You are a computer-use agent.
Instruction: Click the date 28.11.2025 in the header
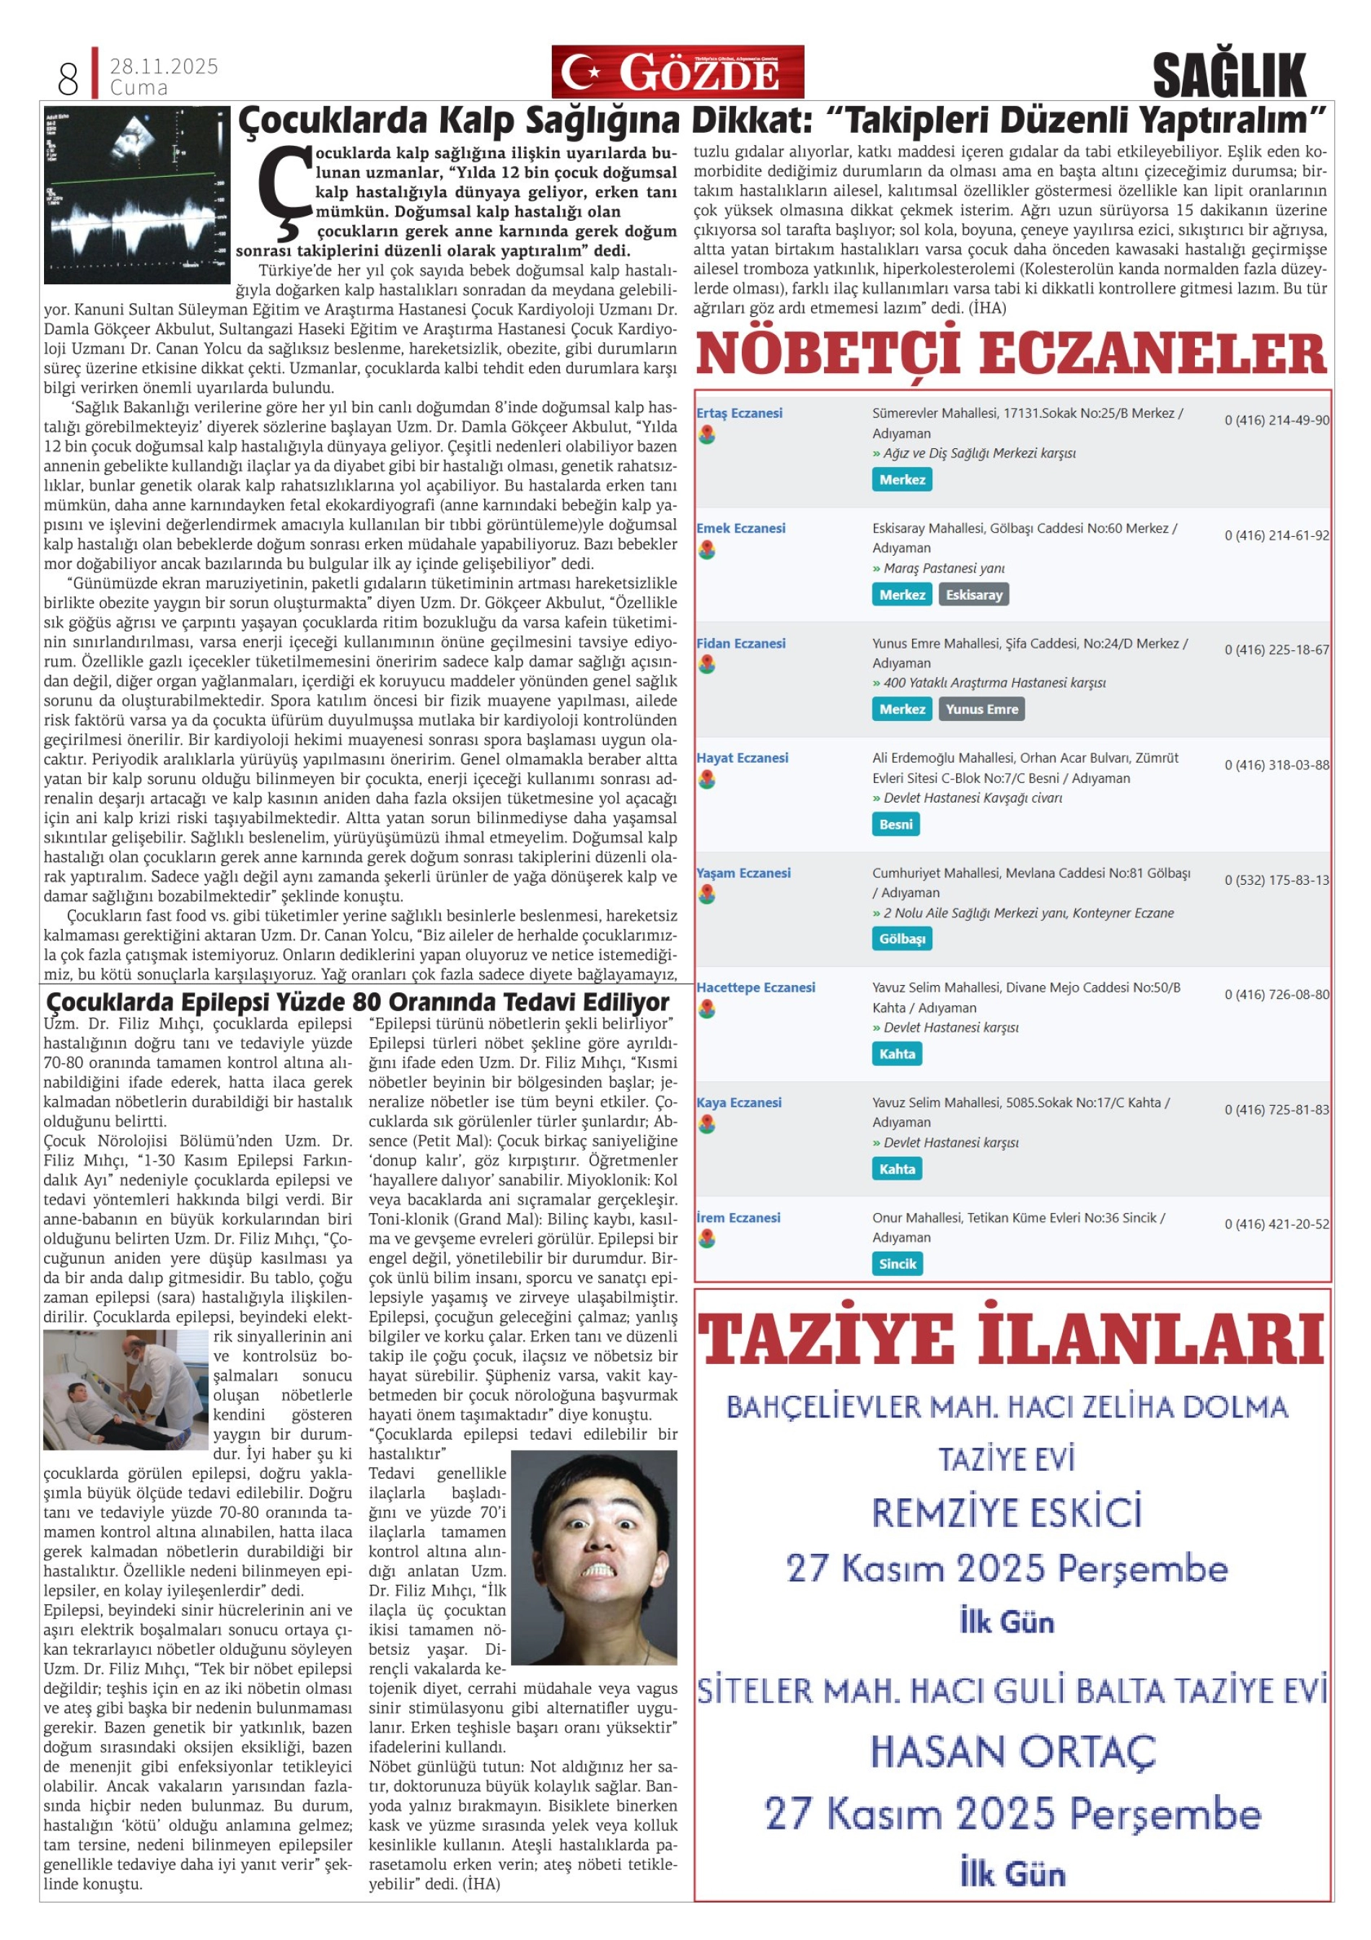tap(164, 66)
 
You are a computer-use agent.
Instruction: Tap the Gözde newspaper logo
tap(678, 73)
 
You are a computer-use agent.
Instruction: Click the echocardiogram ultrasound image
tap(137, 195)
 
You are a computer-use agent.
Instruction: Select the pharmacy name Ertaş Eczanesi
tap(739, 413)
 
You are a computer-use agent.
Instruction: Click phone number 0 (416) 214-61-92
tap(1276, 535)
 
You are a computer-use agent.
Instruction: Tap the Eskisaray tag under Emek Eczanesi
tap(973, 595)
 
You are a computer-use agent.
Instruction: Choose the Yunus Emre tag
tap(981, 709)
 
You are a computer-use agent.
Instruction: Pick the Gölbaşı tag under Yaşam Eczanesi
tap(901, 940)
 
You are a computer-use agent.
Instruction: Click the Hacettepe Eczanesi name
tap(755, 988)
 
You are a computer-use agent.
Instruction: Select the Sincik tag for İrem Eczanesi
tap(897, 1264)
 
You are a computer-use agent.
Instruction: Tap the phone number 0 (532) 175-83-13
tap(1276, 880)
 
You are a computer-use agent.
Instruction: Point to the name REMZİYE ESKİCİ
tap(1007, 1513)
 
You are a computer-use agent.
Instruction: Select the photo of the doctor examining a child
tap(125, 1389)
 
